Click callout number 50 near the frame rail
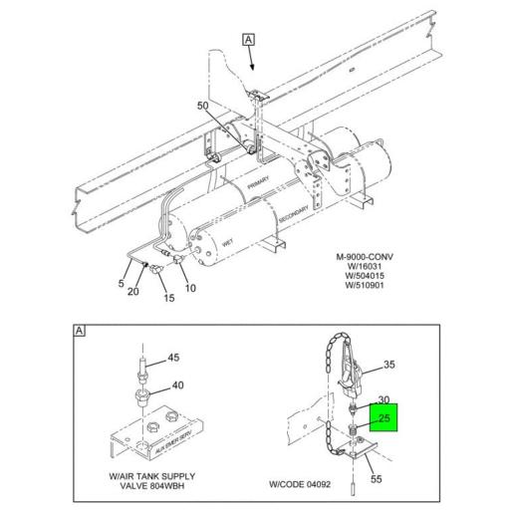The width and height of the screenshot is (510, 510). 203,105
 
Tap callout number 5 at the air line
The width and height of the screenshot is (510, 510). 122,284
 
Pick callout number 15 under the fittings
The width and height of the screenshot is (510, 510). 168,298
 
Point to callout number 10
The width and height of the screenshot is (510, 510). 191,289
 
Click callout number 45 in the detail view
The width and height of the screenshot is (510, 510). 172,358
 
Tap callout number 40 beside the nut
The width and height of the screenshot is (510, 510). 178,385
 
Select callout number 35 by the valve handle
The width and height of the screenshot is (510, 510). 389,365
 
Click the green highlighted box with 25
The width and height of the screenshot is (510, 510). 382,416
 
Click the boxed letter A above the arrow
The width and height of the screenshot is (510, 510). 248,41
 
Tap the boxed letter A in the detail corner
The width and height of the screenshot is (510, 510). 79,331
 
